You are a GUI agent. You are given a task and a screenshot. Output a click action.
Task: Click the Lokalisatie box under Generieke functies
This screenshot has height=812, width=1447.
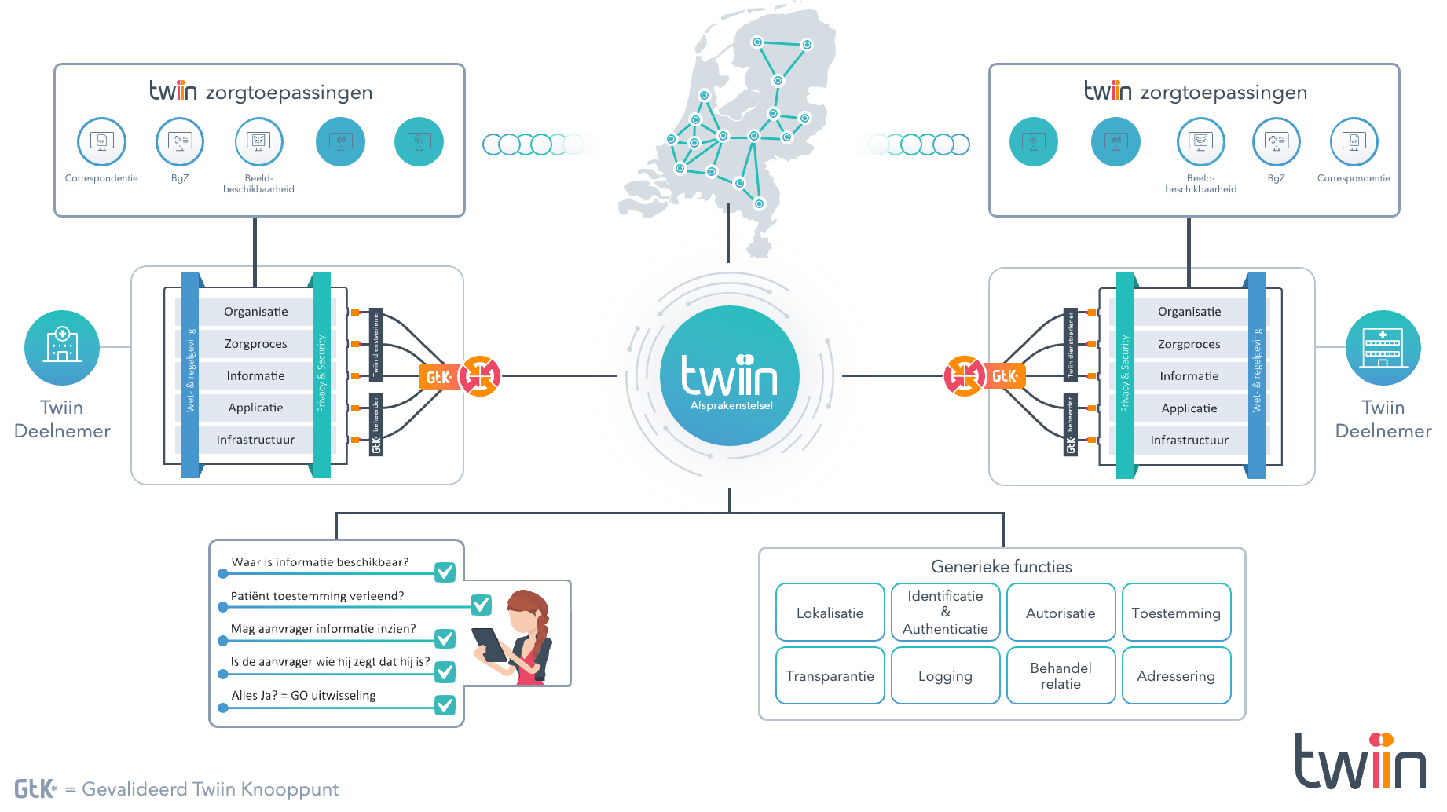click(830, 613)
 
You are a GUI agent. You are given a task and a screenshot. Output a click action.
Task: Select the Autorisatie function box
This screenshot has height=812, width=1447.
click(1061, 613)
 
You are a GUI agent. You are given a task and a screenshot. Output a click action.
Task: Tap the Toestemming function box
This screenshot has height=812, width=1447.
click(1176, 613)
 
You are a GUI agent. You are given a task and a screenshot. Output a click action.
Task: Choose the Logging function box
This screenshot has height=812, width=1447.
click(945, 675)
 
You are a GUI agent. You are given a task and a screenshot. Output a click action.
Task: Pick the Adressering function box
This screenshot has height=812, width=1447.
click(1176, 675)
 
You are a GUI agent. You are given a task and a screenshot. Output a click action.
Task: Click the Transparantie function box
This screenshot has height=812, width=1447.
click(830, 675)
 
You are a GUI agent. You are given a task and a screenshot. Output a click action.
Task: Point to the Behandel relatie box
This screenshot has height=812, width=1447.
click(1061, 675)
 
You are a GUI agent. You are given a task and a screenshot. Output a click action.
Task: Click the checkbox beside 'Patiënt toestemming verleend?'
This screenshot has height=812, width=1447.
click(481, 605)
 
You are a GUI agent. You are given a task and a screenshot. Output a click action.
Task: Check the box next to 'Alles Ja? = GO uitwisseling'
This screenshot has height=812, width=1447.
click(445, 704)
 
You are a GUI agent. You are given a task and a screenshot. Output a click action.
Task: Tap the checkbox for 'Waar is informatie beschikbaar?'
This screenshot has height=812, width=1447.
click(445, 572)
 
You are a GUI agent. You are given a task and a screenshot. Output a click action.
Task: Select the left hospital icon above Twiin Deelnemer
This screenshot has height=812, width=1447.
click(62, 347)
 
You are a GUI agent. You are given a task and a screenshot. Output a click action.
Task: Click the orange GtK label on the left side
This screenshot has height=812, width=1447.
click(438, 377)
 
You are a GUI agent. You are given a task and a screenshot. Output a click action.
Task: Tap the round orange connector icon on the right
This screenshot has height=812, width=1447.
click(964, 377)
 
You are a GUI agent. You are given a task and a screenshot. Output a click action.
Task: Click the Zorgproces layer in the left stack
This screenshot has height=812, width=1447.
click(256, 344)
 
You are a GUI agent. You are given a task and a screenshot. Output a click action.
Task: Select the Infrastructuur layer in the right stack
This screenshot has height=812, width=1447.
click(1189, 440)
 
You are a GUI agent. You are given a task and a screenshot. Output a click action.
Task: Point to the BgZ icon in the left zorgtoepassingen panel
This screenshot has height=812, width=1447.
click(180, 141)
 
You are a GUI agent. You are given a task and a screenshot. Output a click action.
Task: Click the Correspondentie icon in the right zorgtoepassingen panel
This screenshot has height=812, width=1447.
click(1354, 141)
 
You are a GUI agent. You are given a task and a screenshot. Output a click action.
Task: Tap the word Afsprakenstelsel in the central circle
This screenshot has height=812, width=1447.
click(731, 405)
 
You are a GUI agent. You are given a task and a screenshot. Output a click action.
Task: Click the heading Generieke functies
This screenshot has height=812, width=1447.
click(1002, 566)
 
